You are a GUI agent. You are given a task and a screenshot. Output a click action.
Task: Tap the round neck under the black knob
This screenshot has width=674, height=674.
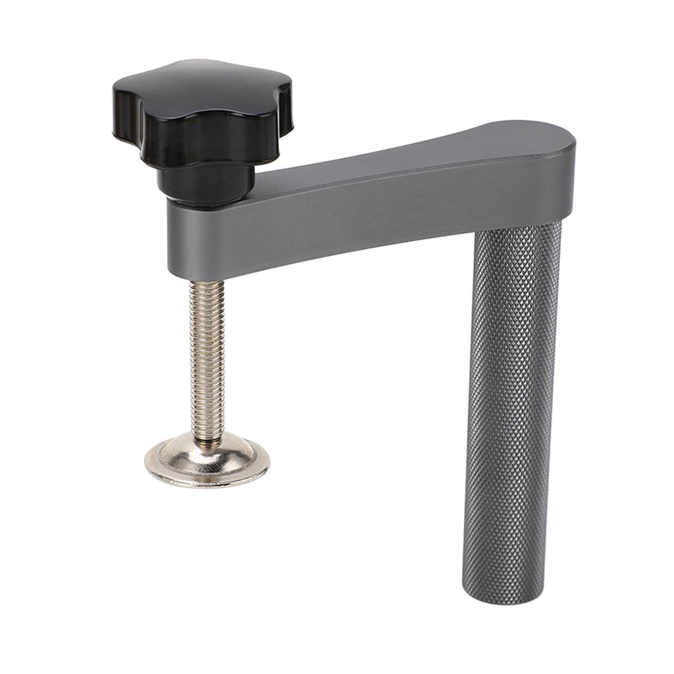(205, 183)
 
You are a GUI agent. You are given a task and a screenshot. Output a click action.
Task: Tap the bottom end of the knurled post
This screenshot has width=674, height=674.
(504, 589)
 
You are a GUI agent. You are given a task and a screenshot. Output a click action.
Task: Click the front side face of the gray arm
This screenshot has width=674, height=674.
(395, 211)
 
